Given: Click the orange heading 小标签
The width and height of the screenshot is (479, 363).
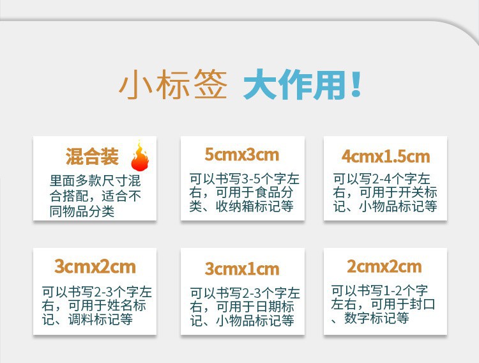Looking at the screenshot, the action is pyautogui.click(x=173, y=86).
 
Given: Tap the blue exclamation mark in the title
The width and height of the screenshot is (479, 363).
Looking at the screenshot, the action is pyautogui.click(x=356, y=86).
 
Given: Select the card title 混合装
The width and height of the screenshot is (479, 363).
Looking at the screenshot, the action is pyautogui.click(x=92, y=156).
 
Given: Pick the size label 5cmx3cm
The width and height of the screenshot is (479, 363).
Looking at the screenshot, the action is pyautogui.click(x=242, y=155).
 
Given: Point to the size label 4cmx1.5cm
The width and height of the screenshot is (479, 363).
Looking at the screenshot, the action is pyautogui.click(x=385, y=157).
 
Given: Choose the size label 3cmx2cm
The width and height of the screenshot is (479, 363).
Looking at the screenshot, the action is pyautogui.click(x=95, y=266).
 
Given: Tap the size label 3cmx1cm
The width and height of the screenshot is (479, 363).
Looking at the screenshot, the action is pyautogui.click(x=242, y=268).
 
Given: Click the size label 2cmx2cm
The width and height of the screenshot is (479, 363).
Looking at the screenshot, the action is pyautogui.click(x=384, y=266).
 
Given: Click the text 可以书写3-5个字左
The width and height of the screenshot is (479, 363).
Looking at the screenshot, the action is pyautogui.click(x=245, y=179).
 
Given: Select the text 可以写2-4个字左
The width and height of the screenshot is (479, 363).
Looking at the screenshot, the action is pyautogui.click(x=381, y=179).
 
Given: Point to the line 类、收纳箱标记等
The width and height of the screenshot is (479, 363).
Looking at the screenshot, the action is pyautogui.click(x=241, y=206).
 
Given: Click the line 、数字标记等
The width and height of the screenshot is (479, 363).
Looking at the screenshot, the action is pyautogui.click(x=370, y=318).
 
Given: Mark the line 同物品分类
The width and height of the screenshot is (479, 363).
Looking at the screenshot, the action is pyautogui.click(x=81, y=211).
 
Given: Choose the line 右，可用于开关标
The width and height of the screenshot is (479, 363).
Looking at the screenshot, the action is pyautogui.click(x=384, y=192).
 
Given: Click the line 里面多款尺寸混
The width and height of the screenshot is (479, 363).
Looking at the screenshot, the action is pyautogui.click(x=95, y=181).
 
